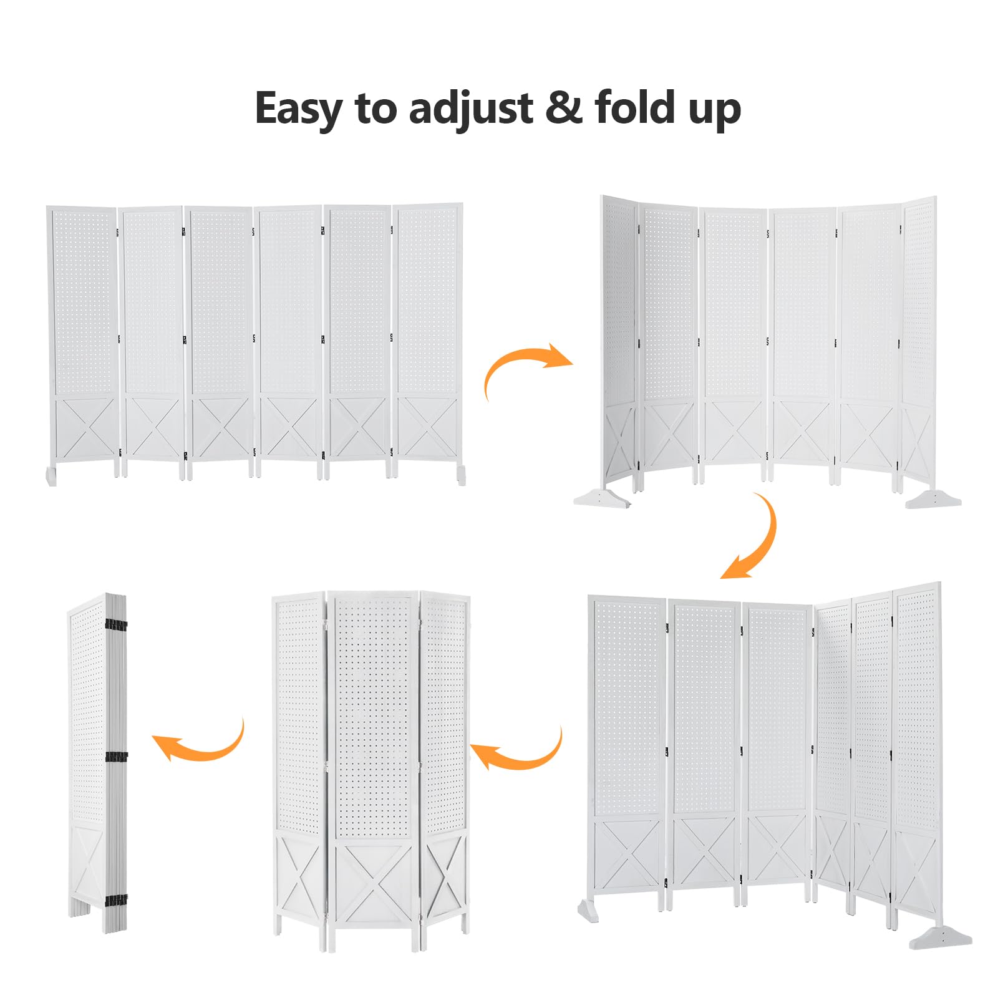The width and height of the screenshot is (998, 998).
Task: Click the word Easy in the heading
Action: point(299,109)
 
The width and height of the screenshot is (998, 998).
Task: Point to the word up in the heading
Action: point(715,110)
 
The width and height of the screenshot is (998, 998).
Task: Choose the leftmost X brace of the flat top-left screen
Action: point(85,429)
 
